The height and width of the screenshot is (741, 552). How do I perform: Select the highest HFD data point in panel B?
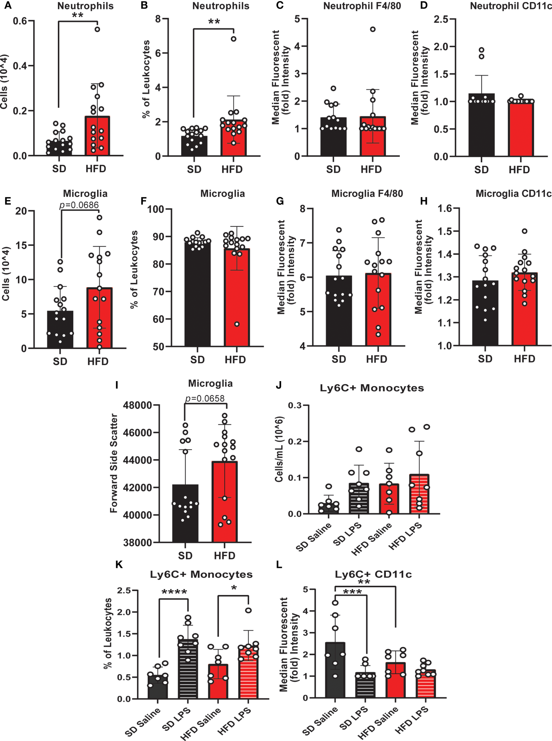[234, 39]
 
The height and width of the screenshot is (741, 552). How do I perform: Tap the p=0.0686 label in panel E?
[79, 205]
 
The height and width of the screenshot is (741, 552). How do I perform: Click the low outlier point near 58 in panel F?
[237, 324]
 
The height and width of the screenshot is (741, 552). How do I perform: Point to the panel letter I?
[117, 385]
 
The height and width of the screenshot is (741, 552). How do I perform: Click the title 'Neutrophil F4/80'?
[362, 6]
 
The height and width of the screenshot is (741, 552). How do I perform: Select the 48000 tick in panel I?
[138, 405]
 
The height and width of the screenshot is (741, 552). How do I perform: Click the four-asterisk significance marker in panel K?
[174, 592]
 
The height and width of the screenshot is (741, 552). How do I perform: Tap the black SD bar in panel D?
[481, 126]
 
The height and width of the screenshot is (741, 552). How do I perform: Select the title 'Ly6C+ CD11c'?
[373, 574]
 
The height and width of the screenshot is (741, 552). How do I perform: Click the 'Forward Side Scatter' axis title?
[114, 463]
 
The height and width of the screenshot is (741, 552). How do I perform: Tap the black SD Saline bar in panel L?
[335, 671]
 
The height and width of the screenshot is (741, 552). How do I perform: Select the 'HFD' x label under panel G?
[377, 359]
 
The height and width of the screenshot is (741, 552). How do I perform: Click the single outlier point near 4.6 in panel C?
[373, 30]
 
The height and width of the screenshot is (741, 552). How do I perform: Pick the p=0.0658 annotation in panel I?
[205, 398]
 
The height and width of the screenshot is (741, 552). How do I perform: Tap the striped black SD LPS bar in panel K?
[188, 669]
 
